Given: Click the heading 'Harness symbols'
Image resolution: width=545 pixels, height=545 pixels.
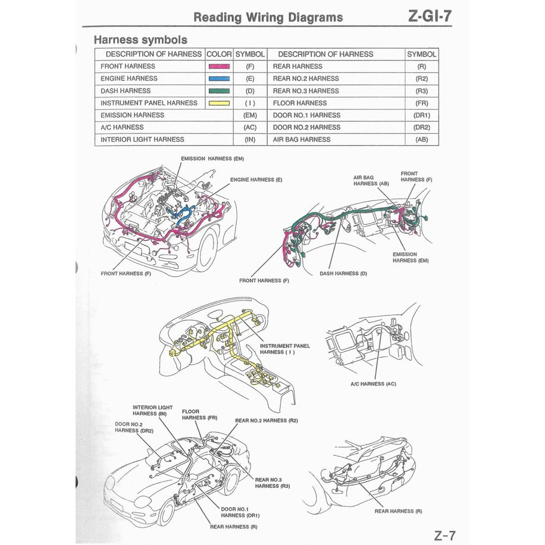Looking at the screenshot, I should tap(140, 40).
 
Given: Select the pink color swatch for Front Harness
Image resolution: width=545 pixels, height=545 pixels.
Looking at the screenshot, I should tap(218, 67).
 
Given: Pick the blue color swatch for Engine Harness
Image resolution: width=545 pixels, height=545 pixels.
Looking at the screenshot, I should tap(218, 79).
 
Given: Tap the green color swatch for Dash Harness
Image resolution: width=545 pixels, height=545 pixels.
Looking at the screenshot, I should tap(218, 91).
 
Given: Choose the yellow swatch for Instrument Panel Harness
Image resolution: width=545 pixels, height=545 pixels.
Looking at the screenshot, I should tap(218, 103).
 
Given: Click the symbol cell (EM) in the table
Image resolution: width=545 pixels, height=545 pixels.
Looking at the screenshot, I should tap(250, 115).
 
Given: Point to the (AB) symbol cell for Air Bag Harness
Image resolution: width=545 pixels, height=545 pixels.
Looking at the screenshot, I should tap(421, 140).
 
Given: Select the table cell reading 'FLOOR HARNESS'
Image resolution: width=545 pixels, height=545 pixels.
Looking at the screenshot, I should tap(296, 103).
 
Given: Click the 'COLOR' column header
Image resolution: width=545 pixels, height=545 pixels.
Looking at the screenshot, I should tap(219, 54).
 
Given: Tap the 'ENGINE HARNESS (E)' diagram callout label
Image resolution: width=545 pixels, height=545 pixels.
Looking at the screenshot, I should tap(256, 180).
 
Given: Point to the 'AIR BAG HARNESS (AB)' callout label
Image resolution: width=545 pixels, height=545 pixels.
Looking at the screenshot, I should tap(371, 181).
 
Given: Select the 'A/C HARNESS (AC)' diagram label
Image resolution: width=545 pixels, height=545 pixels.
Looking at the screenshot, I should tap(373, 384).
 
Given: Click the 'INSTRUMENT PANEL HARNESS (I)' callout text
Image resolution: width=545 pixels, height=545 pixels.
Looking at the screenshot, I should tap(284, 349).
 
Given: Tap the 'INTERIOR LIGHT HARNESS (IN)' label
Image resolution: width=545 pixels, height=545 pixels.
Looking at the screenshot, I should tap(152, 411).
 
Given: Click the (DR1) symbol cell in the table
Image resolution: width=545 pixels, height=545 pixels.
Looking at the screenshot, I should tap(421, 115).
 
